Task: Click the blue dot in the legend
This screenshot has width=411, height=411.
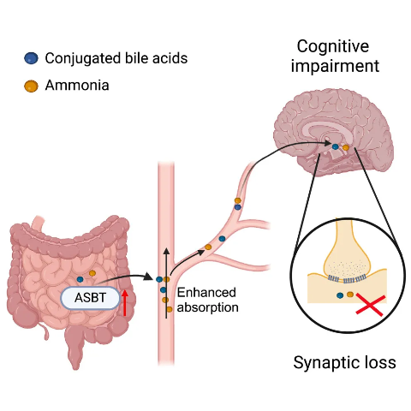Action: (31, 58)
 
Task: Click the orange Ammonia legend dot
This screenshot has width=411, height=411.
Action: (31, 86)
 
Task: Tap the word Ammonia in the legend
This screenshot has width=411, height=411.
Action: (77, 86)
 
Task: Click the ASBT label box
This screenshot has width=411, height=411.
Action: (90, 298)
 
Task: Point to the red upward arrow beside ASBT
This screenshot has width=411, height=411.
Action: (124, 303)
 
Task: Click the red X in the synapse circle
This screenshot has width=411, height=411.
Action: (371, 306)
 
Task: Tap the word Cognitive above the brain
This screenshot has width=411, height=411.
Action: (333, 46)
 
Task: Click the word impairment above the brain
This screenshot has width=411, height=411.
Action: (335, 66)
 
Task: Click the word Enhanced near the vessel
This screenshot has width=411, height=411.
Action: (206, 293)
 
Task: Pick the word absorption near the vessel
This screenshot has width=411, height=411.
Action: (208, 308)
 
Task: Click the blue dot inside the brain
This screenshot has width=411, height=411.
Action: (336, 146)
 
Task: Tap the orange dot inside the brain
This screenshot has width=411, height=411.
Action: (346, 147)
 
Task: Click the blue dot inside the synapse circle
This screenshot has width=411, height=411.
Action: (340, 295)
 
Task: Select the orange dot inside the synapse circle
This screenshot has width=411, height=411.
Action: (350, 295)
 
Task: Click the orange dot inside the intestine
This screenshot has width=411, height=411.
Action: (92, 273)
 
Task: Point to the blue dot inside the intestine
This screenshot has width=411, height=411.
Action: (80, 279)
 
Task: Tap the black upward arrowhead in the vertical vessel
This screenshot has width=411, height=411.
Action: (166, 252)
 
